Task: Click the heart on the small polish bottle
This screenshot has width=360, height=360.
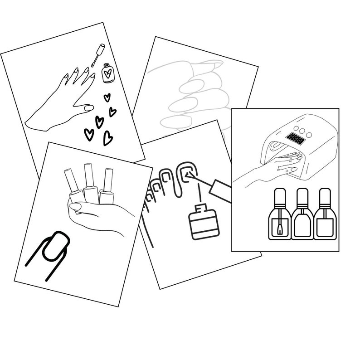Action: pyautogui.click(x=107, y=72)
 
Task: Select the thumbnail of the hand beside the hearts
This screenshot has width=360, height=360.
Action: pyautogui.click(x=89, y=108)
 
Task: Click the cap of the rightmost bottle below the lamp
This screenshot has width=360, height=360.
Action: pyautogui.click(x=324, y=195)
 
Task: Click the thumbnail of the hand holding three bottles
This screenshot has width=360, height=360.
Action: pyautogui.click(x=75, y=207)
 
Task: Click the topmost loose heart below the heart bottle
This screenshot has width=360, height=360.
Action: pyautogui.click(x=107, y=97)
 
